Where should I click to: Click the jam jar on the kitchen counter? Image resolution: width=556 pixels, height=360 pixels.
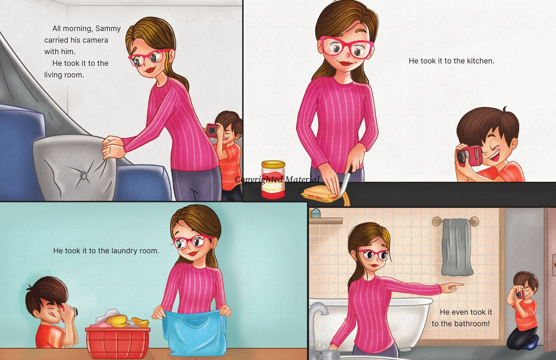pyautogui.click(x=273, y=180)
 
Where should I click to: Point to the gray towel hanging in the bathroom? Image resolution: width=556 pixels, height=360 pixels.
pyautogui.click(x=457, y=247)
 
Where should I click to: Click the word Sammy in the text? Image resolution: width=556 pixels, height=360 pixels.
pyautogui.click(x=108, y=29)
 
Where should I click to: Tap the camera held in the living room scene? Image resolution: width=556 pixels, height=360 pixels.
pyautogui.click(x=212, y=131)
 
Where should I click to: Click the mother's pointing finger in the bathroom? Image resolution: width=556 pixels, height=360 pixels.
pyautogui.click(x=457, y=285)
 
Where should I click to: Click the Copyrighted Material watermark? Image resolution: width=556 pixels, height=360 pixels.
pyautogui.click(x=277, y=179)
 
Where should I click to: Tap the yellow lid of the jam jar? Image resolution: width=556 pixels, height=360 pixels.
pyautogui.click(x=273, y=164)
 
